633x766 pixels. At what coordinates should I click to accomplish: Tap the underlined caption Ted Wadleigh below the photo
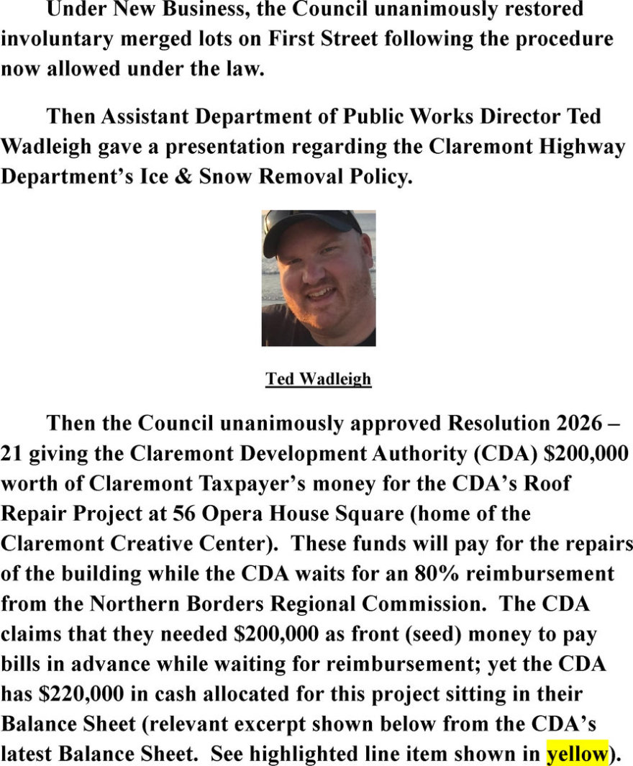coord(318,379)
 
